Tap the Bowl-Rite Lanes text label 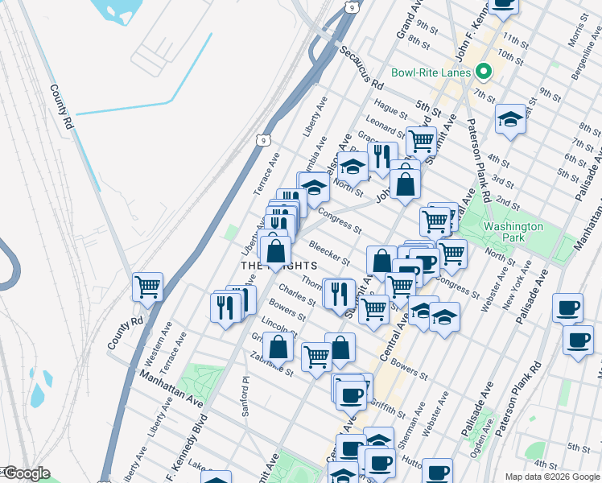[431, 72]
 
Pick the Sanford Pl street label [245, 398]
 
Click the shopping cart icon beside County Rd [148, 287]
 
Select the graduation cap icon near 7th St [510, 120]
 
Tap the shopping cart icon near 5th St [421, 142]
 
